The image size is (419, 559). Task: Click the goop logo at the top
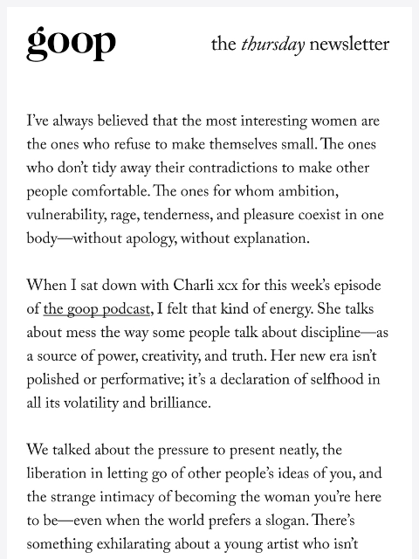71,42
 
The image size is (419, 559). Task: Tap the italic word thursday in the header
272,45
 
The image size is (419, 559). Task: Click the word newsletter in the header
349,45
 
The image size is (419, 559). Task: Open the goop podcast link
97,309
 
